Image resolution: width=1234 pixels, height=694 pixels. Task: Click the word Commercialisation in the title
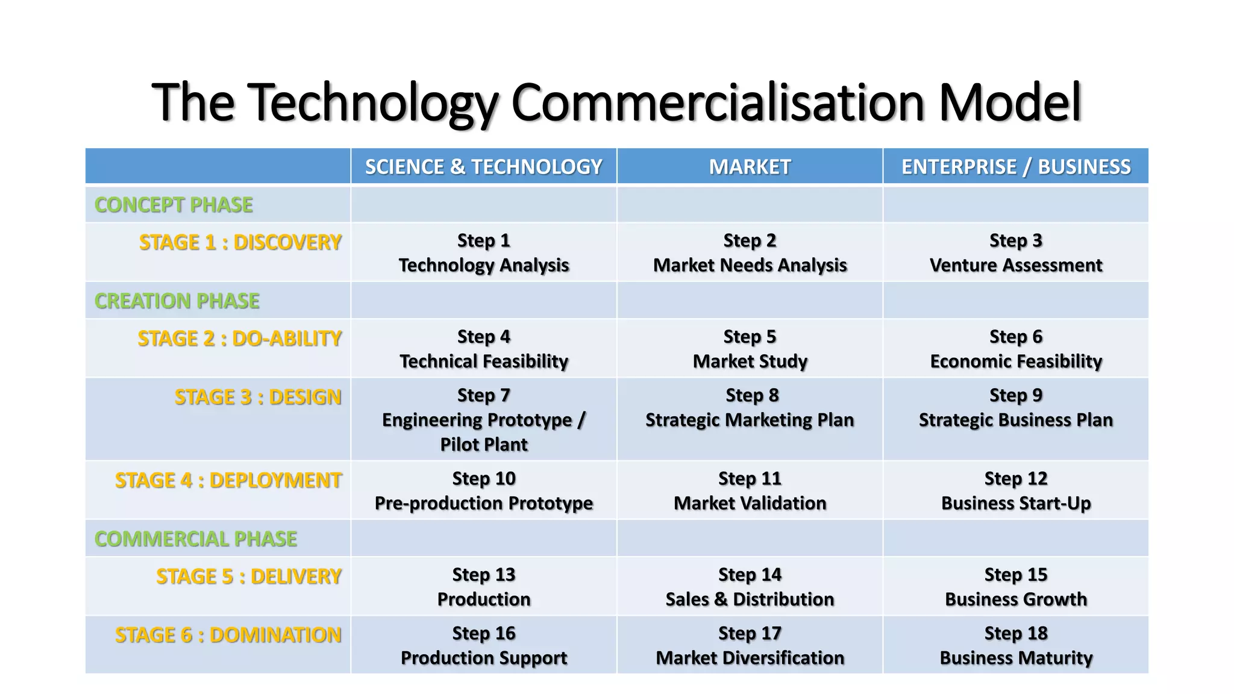tap(717, 102)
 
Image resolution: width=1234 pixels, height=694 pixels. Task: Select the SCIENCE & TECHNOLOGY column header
tap(483, 167)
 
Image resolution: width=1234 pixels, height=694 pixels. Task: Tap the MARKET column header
tap(750, 167)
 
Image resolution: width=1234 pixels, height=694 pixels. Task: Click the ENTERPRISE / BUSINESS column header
tap(1016, 167)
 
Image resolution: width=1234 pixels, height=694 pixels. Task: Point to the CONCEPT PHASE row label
tap(174, 205)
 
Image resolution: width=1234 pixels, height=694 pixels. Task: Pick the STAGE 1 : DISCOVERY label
tap(240, 242)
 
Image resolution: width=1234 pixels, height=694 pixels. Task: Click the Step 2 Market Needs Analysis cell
tap(750, 253)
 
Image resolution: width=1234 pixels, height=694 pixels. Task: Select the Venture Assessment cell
tap(1016, 265)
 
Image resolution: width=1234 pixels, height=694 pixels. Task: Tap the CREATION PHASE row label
tap(177, 301)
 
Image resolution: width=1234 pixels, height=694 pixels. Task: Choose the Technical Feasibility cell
tap(483, 361)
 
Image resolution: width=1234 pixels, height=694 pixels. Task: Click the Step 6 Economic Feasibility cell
tap(1016, 349)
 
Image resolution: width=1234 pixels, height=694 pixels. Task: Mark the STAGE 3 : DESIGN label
tap(258, 398)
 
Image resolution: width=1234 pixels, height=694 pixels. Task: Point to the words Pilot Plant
tap(483, 445)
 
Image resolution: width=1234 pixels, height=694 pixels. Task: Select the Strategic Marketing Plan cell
tap(750, 420)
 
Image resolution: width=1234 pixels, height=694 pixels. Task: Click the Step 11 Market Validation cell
tap(750, 491)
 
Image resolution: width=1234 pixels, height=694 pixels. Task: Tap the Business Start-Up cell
tap(1016, 503)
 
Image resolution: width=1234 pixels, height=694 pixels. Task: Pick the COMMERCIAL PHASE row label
tap(196, 539)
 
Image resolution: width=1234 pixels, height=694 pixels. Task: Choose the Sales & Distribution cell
tap(750, 599)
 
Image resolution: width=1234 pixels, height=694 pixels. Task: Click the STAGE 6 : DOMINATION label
tap(228, 635)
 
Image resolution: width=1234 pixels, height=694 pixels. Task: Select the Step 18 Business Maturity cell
tap(1016, 646)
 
